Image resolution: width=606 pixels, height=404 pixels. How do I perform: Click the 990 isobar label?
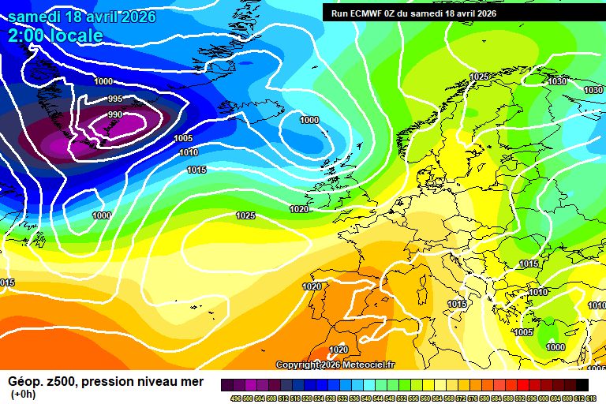click(115, 114)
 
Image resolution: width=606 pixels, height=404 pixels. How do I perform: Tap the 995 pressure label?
click(115, 99)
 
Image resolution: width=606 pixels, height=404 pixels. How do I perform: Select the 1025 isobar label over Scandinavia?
click(479, 77)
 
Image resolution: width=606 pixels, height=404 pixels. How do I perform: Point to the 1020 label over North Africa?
click(339, 350)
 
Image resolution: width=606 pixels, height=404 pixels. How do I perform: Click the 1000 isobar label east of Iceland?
click(309, 120)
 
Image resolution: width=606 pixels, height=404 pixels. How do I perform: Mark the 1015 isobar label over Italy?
click(457, 304)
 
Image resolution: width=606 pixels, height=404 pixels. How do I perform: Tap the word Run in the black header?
click(340, 13)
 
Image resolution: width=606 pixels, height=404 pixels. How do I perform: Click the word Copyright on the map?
click(298, 365)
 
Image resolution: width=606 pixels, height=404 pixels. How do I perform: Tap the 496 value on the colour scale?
click(236, 398)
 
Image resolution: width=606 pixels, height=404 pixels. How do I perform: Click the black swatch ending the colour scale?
click(582, 384)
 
